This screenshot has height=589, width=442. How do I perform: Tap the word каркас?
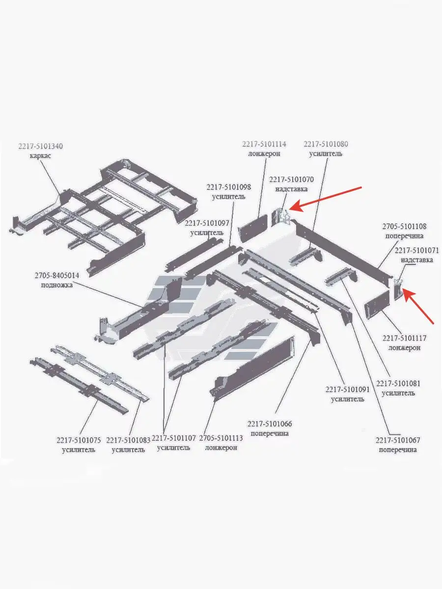pos(40,156)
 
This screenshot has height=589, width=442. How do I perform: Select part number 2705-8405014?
pos(57,276)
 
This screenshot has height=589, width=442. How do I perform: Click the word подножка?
pos(57,286)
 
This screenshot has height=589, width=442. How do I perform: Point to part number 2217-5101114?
pos(264,144)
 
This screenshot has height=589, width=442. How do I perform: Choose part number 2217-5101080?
pos(326,144)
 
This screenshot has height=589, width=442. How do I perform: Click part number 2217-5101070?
pos(291,180)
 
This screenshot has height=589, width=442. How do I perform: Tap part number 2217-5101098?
pos(228,187)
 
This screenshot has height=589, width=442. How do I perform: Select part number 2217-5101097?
pos(207,223)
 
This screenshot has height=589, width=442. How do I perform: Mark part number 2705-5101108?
pos(404,227)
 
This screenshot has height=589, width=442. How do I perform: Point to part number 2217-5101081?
pos(398,383)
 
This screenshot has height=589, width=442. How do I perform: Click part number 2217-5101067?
pos(398,440)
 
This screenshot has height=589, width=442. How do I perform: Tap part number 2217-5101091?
pos(347,390)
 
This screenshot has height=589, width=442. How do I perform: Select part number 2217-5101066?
pos(270,424)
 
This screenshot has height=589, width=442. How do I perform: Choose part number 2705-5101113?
pos(221,438)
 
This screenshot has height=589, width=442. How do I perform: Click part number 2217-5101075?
pos(79,440)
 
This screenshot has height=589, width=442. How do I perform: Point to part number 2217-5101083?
pos(128,440)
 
